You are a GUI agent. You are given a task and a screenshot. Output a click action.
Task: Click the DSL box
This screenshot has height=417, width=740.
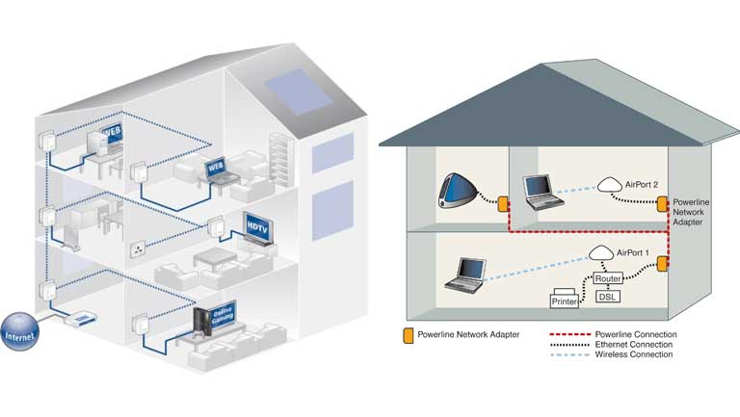pos(608,297)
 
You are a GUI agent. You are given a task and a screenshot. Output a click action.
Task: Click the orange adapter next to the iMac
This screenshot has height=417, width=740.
pos(503,204)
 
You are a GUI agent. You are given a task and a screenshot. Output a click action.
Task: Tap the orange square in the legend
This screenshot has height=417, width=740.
pos(408,335)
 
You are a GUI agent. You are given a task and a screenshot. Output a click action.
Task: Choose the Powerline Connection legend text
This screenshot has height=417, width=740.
pos(631,335)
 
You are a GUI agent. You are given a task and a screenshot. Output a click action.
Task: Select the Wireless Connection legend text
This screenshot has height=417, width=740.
pos(629,354)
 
